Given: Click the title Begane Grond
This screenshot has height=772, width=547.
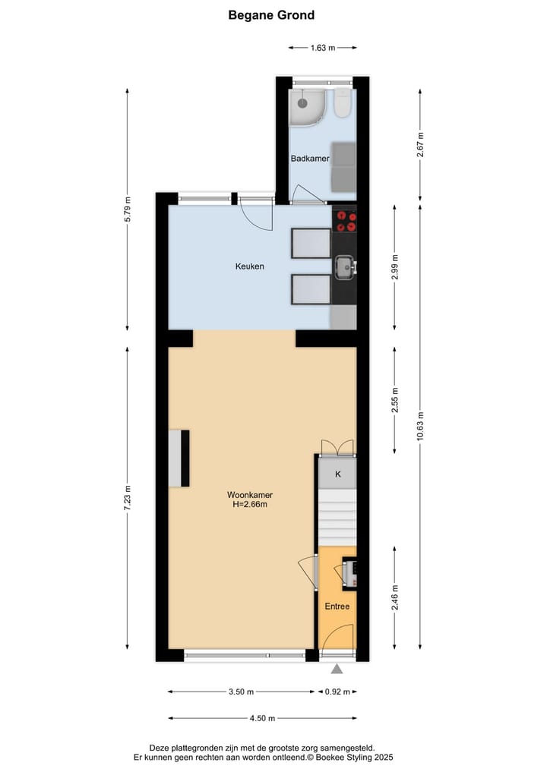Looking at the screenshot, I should [x=271, y=15].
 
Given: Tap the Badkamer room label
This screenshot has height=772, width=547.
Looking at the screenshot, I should [x=310, y=159].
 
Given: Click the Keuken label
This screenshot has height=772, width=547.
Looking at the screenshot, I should [x=249, y=266].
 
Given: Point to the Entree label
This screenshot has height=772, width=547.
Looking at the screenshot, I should [x=337, y=607].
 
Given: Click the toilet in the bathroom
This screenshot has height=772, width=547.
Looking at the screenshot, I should [x=343, y=103].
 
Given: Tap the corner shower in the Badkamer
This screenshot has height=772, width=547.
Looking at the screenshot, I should [x=308, y=107].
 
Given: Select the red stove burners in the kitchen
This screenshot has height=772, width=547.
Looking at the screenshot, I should [x=346, y=220].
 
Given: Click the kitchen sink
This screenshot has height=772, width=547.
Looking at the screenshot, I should [x=344, y=266].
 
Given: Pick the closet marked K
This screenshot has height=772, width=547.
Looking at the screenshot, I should [x=338, y=474].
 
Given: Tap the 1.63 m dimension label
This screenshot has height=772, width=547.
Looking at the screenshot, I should [x=323, y=47].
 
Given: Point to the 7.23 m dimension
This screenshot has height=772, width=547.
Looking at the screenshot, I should [x=128, y=499].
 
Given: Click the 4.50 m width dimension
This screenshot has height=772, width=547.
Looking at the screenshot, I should [x=262, y=718].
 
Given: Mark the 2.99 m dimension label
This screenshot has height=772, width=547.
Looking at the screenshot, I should [x=394, y=267].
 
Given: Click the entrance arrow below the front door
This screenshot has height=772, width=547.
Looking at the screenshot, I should [x=337, y=669].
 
